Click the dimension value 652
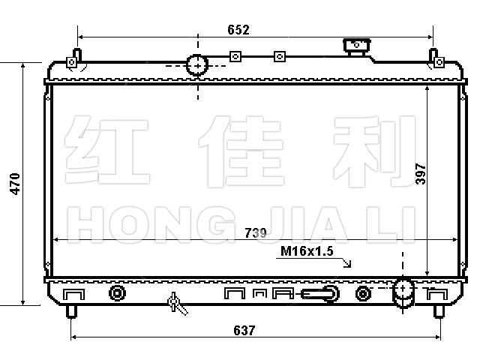point(238,30)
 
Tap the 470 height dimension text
point(14,184)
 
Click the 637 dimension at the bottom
point(244,330)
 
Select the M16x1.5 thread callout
point(307,250)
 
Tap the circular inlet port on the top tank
point(197,65)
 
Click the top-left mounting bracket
point(73,60)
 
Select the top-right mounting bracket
point(433,60)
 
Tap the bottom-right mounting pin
point(437,309)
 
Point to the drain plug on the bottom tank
point(175,303)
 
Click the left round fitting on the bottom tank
point(117,292)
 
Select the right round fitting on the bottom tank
point(362,292)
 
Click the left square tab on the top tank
point(235,55)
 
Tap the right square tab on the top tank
point(279,55)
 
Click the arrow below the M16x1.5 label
point(346,262)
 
